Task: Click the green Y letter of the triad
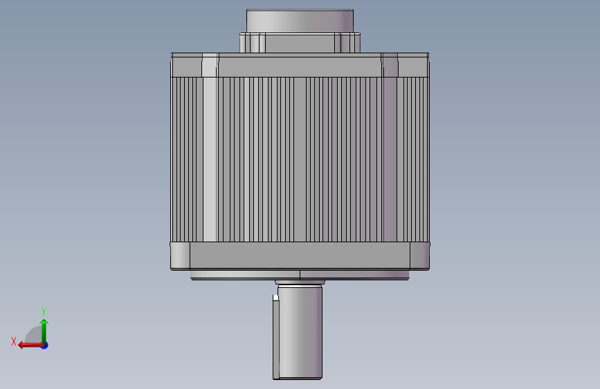[44, 311]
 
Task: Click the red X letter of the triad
[14, 341]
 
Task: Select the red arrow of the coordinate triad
[28, 345]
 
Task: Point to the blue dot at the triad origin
[44, 345]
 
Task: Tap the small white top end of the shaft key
[275, 298]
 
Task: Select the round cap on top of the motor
[300, 20]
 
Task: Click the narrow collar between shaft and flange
[300, 282]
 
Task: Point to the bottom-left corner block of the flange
[180, 255]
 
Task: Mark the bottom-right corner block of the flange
[420, 255]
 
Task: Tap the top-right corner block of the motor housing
[415, 66]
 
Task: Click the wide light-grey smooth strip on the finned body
[210, 159]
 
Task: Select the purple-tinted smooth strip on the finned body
[391, 159]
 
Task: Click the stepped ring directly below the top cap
[300, 42]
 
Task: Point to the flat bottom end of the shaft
[298, 378]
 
